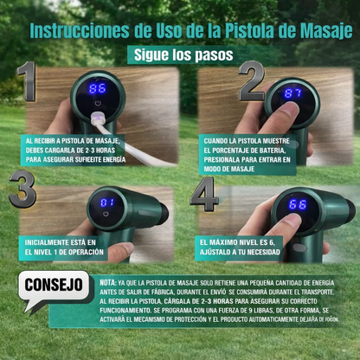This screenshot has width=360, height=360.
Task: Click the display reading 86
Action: (x=98, y=89)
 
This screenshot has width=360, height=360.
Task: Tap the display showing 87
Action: (x=293, y=93)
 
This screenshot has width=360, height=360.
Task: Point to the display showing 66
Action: (x=298, y=204)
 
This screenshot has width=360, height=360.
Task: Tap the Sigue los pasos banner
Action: (x=183, y=55)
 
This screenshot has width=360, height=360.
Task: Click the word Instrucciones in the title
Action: (x=82, y=30)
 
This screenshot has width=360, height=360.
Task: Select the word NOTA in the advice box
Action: (x=109, y=282)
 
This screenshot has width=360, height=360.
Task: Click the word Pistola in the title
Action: (x=237, y=30)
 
